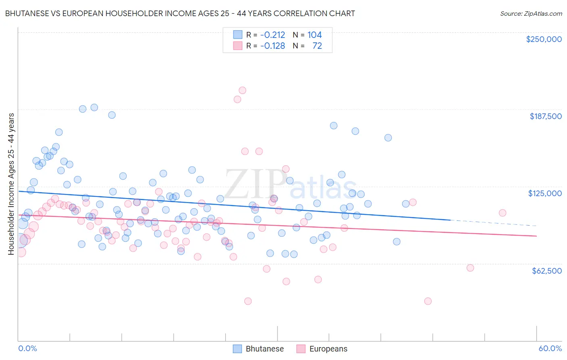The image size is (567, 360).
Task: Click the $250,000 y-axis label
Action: pyautogui.click(x=544, y=39)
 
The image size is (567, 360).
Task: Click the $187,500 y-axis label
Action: pyautogui.click(x=545, y=116)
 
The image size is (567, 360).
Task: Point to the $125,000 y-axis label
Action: pyautogui.click(x=545, y=193)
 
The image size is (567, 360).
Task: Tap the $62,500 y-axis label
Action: pyautogui.click(x=546, y=271)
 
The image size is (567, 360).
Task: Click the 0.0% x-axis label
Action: pyautogui.click(x=27, y=349)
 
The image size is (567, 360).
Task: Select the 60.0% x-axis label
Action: pyautogui.click(x=550, y=349)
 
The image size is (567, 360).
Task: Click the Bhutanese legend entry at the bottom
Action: pyautogui.click(x=258, y=349)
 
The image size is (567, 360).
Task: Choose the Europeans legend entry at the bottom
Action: pyautogui.click(x=322, y=349)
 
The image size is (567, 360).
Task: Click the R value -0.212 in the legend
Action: pyautogui.click(x=273, y=35)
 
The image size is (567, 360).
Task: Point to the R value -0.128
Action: pyautogui.click(x=273, y=46)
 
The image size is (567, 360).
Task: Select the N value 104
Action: pyautogui.click(x=315, y=35)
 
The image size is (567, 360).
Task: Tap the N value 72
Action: pyautogui.click(x=317, y=46)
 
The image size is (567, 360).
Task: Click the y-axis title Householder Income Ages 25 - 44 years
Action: pyautogui.click(x=11, y=184)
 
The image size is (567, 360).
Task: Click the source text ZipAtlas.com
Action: pyautogui.click(x=531, y=14)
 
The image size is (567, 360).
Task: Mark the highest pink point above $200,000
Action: pyautogui.click(x=242, y=90)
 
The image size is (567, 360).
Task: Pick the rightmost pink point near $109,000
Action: pyautogui.click(x=502, y=213)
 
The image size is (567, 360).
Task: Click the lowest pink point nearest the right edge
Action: pyautogui.click(x=428, y=301)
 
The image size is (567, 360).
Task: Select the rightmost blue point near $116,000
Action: pyautogui.click(x=406, y=204)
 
